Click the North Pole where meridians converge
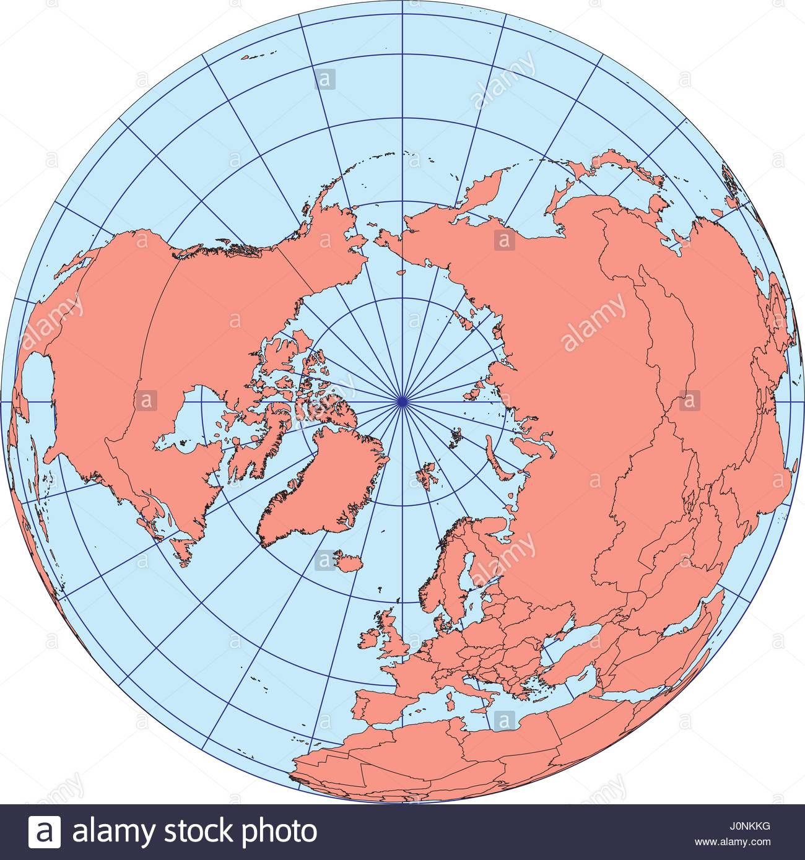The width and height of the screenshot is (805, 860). [402, 401]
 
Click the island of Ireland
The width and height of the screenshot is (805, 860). [372, 638]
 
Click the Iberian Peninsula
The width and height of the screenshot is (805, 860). [378, 706]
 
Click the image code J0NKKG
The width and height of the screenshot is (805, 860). [752, 826]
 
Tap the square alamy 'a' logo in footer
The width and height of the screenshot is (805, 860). [45, 832]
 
